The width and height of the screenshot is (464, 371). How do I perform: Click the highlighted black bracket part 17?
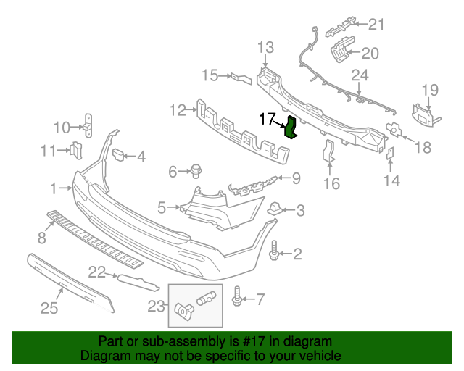[x=291, y=127]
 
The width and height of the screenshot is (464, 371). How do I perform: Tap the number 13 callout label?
[x=265, y=48]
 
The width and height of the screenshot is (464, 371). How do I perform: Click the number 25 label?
[x=49, y=309]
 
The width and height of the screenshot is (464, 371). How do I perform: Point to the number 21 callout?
[x=376, y=25]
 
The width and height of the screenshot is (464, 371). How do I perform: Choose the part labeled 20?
[x=341, y=52]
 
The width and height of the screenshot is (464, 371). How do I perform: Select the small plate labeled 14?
[x=388, y=154]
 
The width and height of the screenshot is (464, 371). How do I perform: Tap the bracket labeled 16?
[x=328, y=153]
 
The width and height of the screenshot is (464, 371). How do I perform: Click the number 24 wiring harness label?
[x=360, y=75]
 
